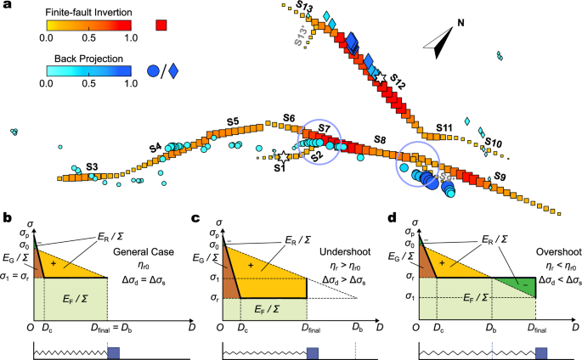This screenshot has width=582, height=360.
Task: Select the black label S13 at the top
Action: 304,8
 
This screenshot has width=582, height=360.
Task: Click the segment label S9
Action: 500,177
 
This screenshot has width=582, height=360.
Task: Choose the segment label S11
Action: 444,127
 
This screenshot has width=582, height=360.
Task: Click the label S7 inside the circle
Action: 324,128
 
